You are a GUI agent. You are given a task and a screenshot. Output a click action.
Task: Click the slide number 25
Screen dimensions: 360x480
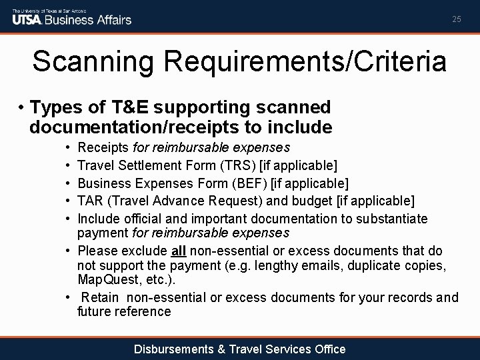[456, 19]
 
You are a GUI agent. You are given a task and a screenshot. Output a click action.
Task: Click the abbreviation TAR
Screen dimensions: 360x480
[90, 201]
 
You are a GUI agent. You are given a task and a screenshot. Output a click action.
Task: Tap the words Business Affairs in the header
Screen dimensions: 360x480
[94, 19]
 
